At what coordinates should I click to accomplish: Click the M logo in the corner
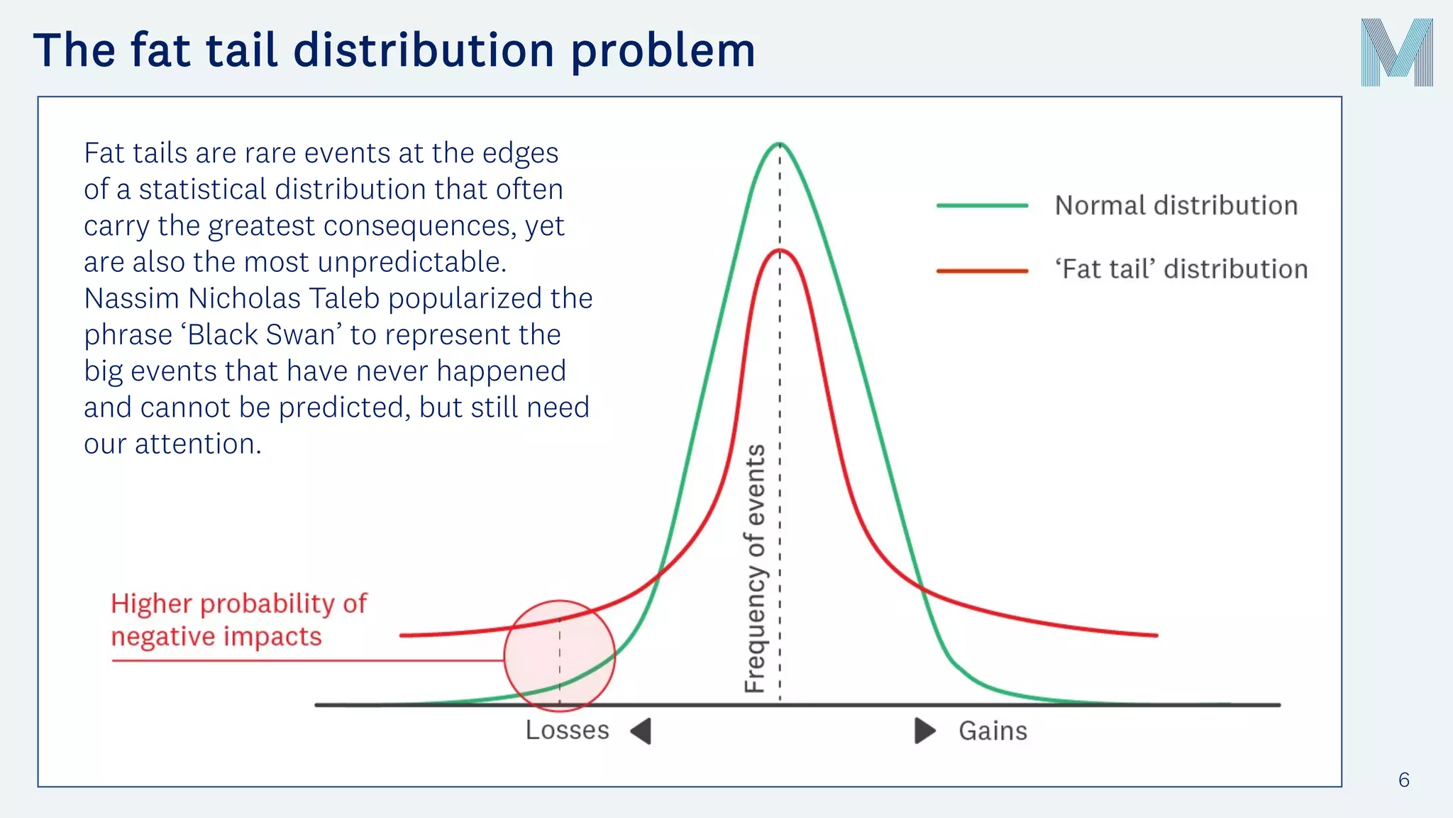point(1396,53)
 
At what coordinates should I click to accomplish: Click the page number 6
point(1403,780)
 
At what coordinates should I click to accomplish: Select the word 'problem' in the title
point(663,51)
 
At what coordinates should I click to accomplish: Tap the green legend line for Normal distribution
point(982,206)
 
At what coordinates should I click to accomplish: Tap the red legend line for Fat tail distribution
point(982,271)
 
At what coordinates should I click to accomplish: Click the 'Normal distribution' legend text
point(1176,206)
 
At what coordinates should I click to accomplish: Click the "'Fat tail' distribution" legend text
point(1181,270)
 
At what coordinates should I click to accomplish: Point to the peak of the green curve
point(779,144)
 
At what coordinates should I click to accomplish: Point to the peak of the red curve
point(780,251)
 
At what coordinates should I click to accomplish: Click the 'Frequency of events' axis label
point(755,568)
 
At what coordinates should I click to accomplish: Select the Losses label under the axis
point(567,731)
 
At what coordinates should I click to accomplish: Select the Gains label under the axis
point(993,731)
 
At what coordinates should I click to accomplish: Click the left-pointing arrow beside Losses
point(642,731)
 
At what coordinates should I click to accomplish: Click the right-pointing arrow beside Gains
point(924,731)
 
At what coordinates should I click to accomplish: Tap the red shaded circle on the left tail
point(559,655)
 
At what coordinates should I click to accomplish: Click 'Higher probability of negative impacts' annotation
point(238,620)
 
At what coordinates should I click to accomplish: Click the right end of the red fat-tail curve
point(1155,635)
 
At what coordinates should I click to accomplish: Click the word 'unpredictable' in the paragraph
point(411,262)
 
